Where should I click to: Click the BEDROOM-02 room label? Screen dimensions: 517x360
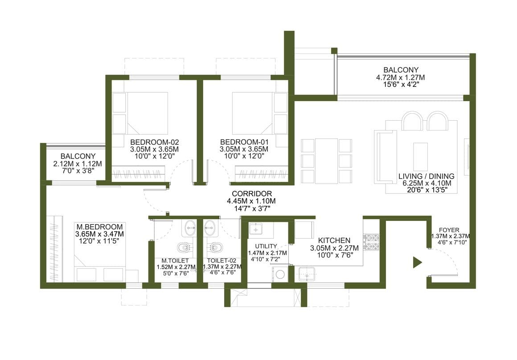tap(154, 142)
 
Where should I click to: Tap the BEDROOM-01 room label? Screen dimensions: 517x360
tap(244, 142)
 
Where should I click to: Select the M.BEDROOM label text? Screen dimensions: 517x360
tap(99, 227)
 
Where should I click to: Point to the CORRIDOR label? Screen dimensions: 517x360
tap(252, 194)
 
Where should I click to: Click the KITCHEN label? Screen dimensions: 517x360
tap(334, 240)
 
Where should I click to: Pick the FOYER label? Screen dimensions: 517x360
tap(449, 230)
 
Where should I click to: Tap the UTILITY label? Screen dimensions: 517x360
tap(266, 246)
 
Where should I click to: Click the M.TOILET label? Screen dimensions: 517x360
tap(175, 261)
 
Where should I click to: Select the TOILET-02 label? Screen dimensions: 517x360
tap(222, 261)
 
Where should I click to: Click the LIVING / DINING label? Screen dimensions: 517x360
tap(427, 176)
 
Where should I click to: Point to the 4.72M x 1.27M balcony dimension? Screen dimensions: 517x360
tap(401, 78)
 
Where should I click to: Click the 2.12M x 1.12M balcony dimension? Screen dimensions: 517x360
tap(78, 164)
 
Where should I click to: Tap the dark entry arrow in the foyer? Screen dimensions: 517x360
tap(418, 262)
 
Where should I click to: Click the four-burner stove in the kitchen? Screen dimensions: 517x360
tap(371, 241)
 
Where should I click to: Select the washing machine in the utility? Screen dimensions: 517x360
tap(280, 274)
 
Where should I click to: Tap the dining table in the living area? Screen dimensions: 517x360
tap(326, 161)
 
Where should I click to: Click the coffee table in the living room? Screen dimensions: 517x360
tap(420, 156)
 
